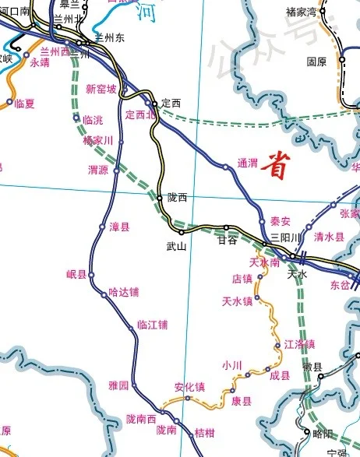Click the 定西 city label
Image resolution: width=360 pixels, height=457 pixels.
coord(170,102)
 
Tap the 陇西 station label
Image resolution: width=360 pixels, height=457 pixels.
coord(178,198)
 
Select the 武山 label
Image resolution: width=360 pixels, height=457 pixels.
coord(177,247)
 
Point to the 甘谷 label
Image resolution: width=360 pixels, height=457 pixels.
coord(226,241)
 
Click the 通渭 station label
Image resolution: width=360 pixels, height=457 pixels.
coord(247,163)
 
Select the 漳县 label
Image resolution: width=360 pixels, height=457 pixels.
coord(119,227)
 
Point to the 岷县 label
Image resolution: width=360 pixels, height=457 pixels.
coord(77,274)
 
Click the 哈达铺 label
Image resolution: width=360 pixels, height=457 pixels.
coord(123,293)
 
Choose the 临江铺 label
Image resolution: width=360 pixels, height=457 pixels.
coord(152,325)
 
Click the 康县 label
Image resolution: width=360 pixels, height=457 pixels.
coord(242,402)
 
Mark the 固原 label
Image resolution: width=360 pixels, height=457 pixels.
coord(316,62)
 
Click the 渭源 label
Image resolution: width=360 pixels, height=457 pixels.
coord(98,170)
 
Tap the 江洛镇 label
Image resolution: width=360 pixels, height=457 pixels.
coord(300,343)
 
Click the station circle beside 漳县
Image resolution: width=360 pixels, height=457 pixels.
coord(101,227)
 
